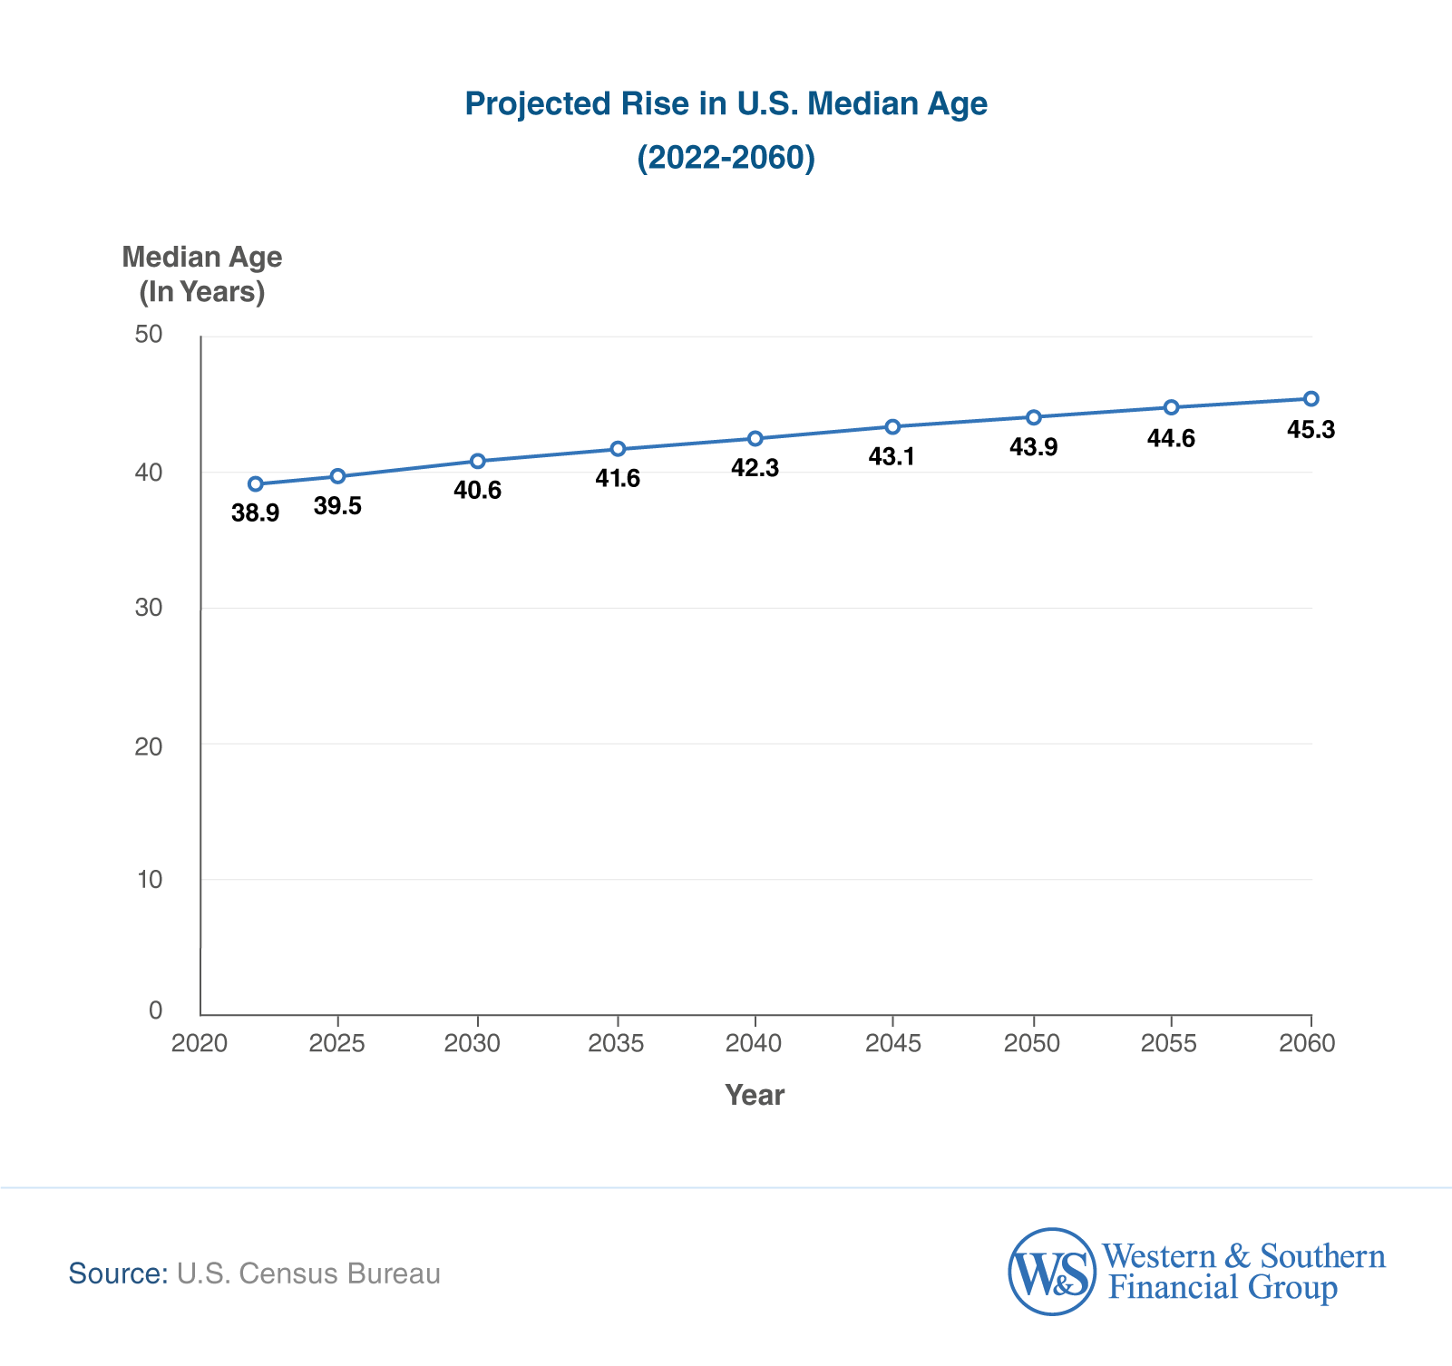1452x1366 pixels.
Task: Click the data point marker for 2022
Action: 256,484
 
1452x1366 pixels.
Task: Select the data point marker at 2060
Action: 1311,398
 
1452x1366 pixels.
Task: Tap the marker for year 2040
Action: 755,438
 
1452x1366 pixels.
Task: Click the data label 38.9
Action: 255,513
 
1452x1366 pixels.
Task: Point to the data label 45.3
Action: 1311,430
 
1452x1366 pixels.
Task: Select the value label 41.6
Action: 618,478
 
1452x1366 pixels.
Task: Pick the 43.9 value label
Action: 1033,447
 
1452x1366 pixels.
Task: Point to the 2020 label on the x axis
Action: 199,1044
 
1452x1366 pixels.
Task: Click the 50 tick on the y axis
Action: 148,335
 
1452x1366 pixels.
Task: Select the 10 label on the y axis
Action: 148,879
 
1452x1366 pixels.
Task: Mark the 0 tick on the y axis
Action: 154,1010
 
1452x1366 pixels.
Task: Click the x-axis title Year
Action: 755,1096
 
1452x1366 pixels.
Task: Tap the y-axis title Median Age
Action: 201,258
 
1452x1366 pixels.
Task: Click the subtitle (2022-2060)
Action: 726,158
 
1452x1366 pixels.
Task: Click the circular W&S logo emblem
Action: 1052,1272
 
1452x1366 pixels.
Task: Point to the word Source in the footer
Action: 118,1273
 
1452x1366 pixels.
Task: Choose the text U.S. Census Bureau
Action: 308,1273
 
